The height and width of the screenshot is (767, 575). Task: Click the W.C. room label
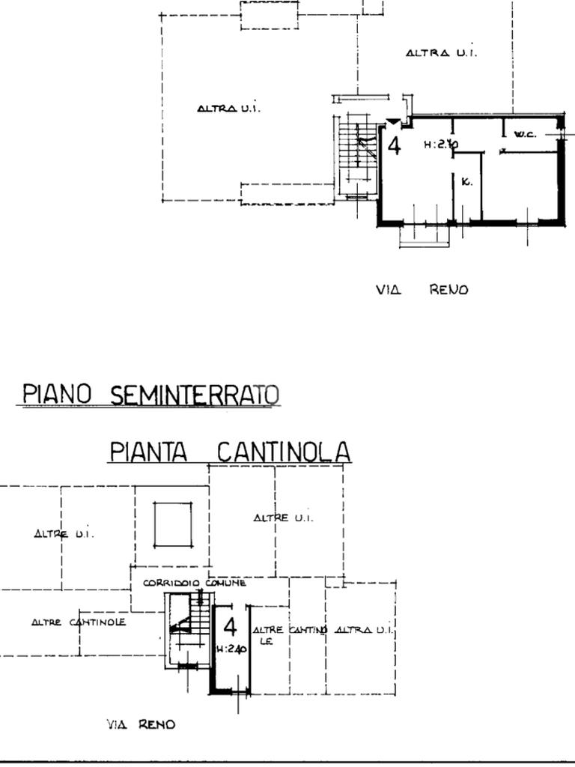(525, 135)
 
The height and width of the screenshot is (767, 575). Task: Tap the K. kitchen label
(466, 182)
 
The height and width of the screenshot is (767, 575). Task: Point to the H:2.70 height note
(441, 145)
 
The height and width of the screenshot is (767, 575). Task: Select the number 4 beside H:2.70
(394, 145)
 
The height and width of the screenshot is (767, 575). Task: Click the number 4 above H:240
(230, 628)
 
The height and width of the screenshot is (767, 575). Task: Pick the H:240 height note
(231, 650)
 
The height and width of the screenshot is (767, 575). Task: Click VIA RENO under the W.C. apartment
(422, 290)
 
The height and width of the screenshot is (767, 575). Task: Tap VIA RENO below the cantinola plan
(141, 724)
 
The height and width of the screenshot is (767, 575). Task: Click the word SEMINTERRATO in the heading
(195, 394)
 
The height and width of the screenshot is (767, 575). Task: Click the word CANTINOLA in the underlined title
(283, 452)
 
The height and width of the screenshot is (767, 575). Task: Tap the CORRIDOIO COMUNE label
(194, 583)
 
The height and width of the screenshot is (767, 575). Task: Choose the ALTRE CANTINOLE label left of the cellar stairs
(79, 622)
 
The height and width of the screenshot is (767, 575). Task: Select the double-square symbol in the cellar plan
(173, 524)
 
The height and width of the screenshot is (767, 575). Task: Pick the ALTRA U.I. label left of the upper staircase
(228, 109)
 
